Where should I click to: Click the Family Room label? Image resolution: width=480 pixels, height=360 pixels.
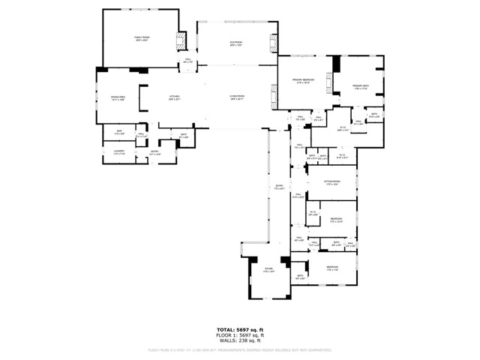point(141,37)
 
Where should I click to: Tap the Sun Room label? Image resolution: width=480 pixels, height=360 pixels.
point(237,44)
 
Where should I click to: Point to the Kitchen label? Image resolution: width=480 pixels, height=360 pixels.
point(174,97)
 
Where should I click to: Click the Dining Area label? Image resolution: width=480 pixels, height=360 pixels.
point(117,97)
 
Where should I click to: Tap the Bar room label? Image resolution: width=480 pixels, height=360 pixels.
point(118,133)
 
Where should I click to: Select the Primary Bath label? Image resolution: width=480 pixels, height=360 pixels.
point(362,86)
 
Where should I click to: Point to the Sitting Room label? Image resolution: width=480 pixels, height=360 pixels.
point(332,182)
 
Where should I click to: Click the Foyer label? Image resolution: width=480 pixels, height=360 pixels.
point(268,270)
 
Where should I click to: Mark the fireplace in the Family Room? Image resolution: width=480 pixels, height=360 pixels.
point(180,40)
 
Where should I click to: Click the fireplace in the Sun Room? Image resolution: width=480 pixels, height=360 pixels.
point(273,40)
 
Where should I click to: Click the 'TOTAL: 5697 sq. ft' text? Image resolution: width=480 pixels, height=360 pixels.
point(240,330)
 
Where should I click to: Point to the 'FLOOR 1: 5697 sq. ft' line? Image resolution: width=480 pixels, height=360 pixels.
point(240,334)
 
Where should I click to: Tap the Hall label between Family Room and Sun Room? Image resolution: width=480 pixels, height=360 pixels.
point(188,61)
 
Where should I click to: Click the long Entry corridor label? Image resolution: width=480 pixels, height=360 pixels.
point(279,188)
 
